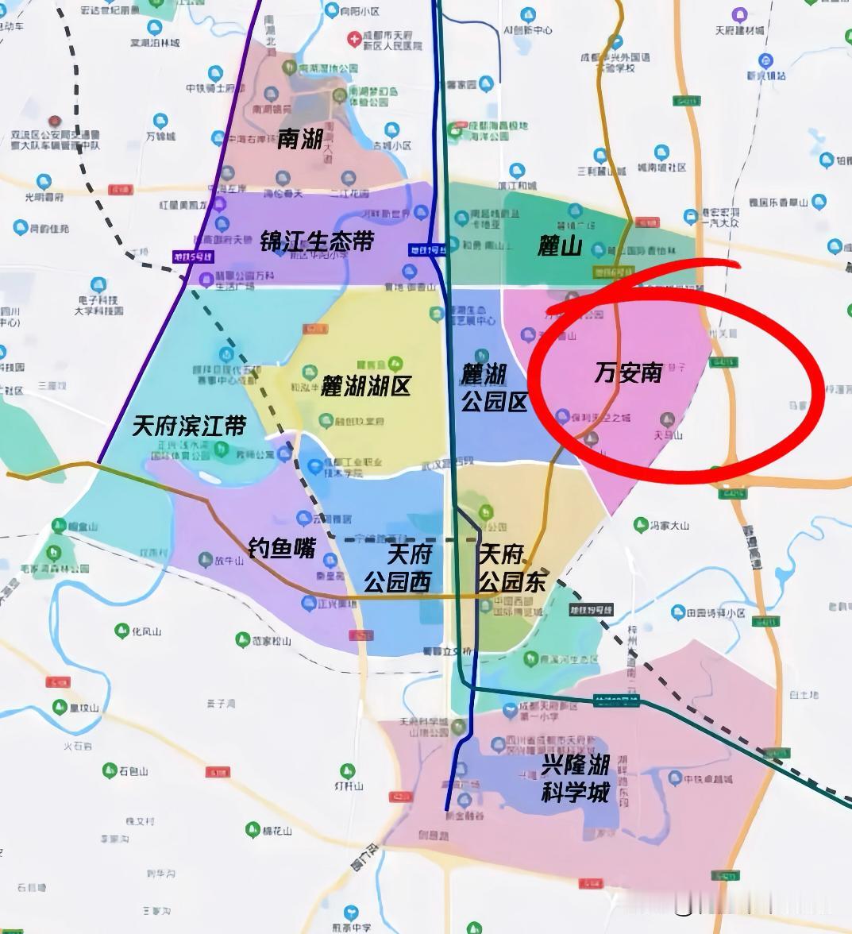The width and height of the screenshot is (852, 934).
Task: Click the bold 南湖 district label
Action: (x=299, y=139)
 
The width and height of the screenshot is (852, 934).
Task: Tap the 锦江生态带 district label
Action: (x=316, y=241)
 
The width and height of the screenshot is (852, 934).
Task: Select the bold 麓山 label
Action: (x=560, y=246)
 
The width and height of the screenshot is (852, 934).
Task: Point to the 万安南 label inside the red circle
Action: (x=628, y=372)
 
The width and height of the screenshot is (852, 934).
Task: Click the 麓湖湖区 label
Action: (x=365, y=387)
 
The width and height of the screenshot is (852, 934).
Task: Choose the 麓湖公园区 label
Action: (x=495, y=388)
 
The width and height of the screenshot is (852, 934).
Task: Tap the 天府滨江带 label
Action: (x=189, y=426)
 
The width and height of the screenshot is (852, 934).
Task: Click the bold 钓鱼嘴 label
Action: (x=282, y=547)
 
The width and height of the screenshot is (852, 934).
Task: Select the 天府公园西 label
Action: (x=398, y=568)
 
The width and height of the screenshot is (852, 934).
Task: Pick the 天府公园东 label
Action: (x=512, y=568)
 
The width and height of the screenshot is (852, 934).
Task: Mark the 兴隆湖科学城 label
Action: (x=576, y=778)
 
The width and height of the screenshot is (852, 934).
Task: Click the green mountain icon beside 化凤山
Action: (x=122, y=631)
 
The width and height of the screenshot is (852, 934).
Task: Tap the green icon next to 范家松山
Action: (x=242, y=639)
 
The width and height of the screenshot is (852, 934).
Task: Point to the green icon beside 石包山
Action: (x=110, y=770)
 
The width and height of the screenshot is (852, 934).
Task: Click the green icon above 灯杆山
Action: (x=347, y=771)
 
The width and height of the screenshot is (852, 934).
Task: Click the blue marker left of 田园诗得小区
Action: (x=677, y=612)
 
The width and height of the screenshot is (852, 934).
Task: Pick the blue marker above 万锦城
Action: (x=160, y=122)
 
